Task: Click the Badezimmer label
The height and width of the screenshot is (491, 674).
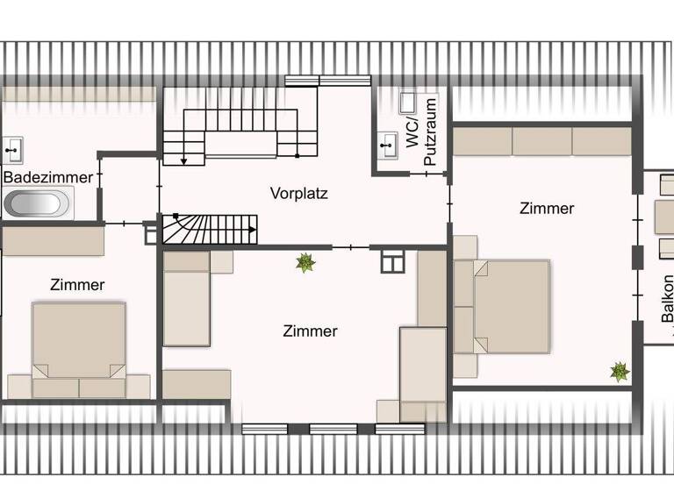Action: [x=48, y=177]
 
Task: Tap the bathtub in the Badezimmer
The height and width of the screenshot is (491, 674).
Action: [x=39, y=204]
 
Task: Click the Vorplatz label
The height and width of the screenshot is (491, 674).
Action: [x=298, y=193]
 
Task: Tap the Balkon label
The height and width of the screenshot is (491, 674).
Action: [x=667, y=299]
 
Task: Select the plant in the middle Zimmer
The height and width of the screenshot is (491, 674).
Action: [x=305, y=262]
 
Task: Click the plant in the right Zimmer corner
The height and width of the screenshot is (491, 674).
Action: [x=620, y=372]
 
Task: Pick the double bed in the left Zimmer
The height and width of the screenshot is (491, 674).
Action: [x=79, y=346]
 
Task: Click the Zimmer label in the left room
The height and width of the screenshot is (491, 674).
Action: [x=77, y=285]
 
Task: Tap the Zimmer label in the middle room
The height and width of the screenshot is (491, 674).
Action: [x=310, y=331]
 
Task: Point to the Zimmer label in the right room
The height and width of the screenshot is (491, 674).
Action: [x=547, y=209]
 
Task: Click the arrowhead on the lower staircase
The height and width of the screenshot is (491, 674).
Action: [x=253, y=230]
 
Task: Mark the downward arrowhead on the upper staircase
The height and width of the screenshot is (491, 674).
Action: [x=183, y=160]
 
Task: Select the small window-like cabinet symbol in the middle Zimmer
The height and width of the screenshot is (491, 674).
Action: [x=391, y=261]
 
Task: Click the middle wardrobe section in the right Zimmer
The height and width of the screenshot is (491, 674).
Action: [x=541, y=140]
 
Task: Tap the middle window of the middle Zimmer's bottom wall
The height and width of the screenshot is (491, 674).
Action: [x=333, y=429]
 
